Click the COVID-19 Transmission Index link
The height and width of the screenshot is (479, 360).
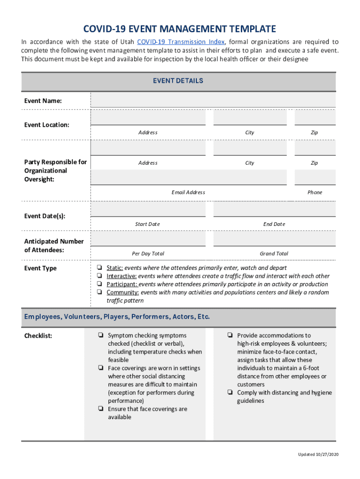pos(181,42)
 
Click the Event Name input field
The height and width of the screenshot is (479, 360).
pos(213,100)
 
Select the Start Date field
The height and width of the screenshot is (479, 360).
pos(148,210)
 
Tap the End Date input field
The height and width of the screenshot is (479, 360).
pos(274,210)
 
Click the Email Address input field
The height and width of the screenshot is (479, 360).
pos(188,177)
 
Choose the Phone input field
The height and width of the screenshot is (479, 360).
pos(315,177)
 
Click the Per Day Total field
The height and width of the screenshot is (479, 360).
pos(148,239)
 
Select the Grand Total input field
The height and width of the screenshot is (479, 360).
pos(274,239)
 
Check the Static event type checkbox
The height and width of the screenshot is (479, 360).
pos(100,268)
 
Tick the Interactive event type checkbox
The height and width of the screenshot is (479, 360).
pos(100,276)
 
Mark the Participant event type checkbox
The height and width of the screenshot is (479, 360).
pos(100,284)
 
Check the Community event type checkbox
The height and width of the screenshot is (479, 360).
pos(100,292)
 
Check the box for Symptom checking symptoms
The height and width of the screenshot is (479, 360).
pos(101,335)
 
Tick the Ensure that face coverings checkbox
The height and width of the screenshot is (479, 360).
pos(101,408)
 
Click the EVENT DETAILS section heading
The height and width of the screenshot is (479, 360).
pos(178,81)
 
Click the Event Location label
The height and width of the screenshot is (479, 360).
pos(47,125)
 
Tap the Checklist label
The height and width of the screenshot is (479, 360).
pos(38,336)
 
